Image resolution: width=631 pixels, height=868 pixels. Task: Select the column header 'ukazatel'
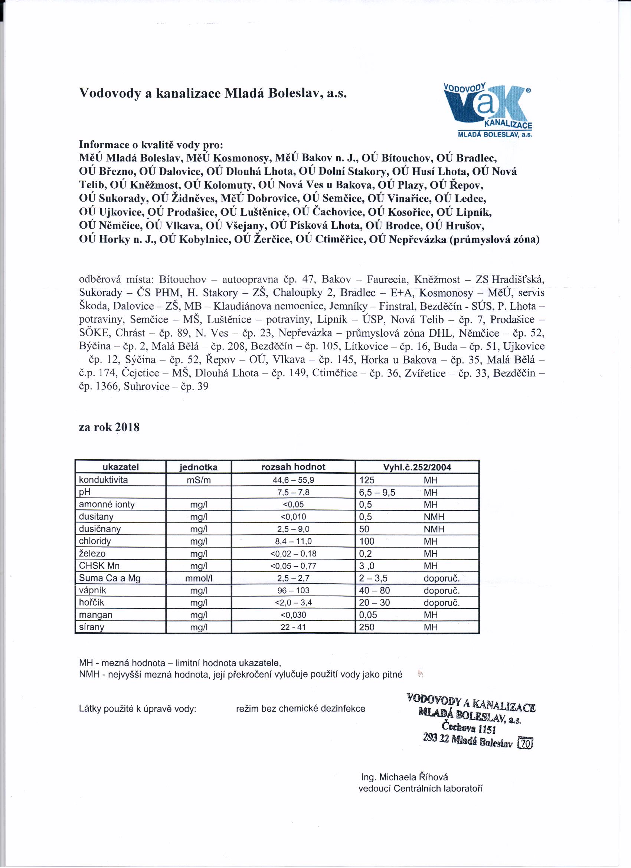coord(121,467)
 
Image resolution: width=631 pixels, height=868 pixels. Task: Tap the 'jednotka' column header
coord(199,467)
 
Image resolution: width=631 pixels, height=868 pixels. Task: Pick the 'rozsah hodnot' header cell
coord(293,467)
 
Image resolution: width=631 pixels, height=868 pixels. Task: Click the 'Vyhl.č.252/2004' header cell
coord(417,467)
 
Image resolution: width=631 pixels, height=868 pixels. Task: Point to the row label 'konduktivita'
coord(103,480)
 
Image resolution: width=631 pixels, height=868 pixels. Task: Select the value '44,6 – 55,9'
coord(293,480)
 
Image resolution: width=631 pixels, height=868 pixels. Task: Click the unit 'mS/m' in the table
coord(199,480)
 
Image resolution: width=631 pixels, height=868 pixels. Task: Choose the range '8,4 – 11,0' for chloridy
coord(293,541)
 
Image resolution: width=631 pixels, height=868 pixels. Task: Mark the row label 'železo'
coord(92,554)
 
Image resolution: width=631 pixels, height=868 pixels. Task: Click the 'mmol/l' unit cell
coord(199,578)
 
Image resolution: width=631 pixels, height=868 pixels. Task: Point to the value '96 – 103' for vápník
coord(293,590)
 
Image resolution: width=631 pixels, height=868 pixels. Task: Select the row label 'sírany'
coord(91,627)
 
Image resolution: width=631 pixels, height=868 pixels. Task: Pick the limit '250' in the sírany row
coord(367,627)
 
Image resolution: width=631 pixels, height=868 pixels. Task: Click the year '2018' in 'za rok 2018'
coord(127,427)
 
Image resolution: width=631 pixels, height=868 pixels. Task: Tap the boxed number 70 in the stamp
coord(525,743)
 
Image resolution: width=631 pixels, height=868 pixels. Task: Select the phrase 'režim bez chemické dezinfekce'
coord(301,708)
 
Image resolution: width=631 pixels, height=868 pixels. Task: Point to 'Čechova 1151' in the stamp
coord(469,727)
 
